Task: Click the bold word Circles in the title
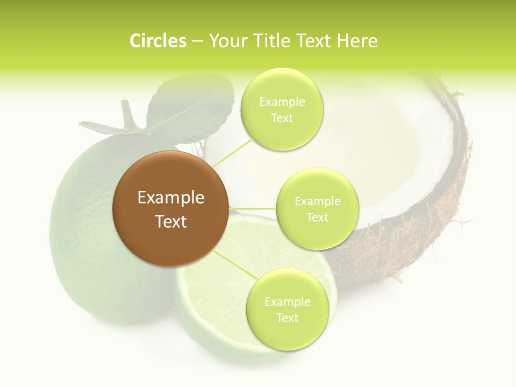[157, 41]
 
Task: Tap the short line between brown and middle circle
[252, 208]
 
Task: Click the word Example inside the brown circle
[171, 198]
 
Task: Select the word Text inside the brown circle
[171, 221]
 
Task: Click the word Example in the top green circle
[282, 102]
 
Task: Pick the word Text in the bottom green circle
[287, 318]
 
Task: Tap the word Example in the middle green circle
[317, 202]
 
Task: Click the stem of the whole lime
[127, 114]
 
